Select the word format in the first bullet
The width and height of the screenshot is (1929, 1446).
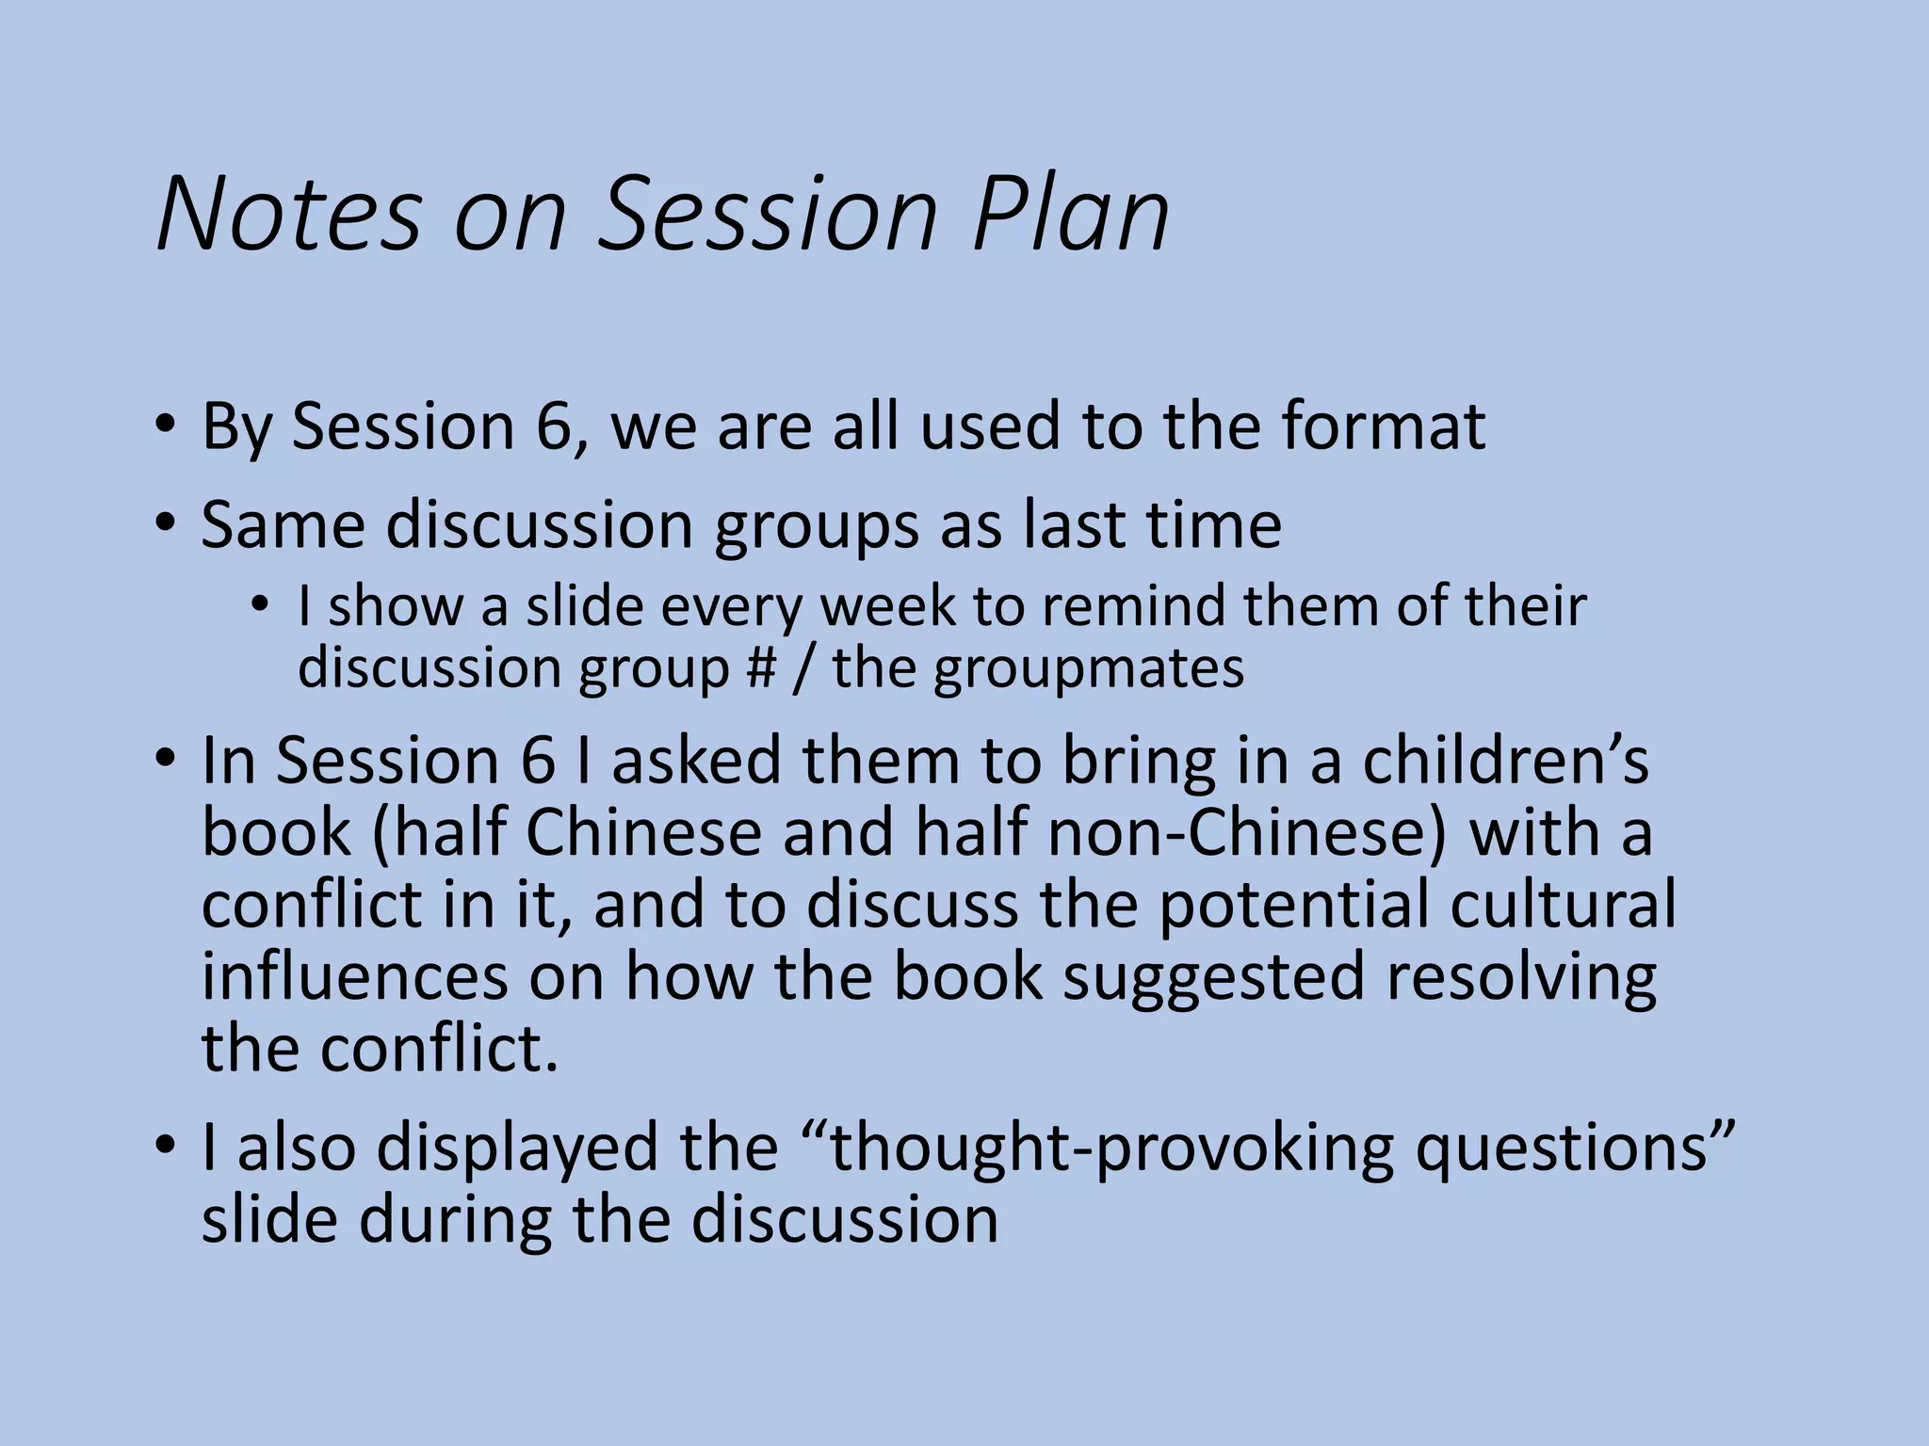[x=1382, y=426]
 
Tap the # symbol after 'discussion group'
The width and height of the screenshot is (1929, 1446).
[x=759, y=668]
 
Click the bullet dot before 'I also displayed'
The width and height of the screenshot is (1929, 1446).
[x=166, y=1147]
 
